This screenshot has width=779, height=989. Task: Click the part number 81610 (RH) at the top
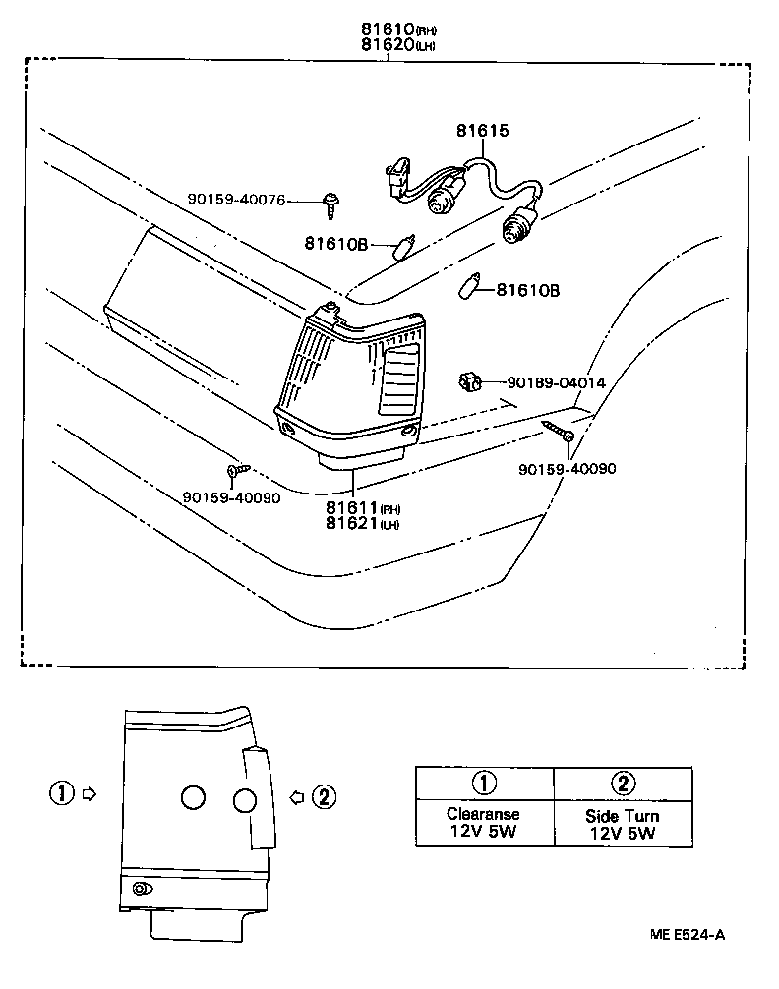pos(388,28)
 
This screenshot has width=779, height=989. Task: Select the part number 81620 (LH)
pos(388,44)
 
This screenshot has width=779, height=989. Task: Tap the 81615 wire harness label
pos(482,131)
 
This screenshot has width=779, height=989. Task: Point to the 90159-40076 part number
pos(236,200)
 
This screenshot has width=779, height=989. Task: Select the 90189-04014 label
pos(556,382)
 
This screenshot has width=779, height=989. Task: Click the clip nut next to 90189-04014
pos(470,380)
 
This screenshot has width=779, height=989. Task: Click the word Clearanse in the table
pos(482,814)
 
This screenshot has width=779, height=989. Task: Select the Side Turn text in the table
pos(622,816)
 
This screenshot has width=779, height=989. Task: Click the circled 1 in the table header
pos(483,783)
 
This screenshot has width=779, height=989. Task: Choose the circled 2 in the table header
pos(622,783)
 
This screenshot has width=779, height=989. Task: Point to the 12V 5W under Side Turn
pos(622,834)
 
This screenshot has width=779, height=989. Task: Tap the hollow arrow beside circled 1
pos(88,792)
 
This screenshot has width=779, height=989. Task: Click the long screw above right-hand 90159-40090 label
pos(558,430)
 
